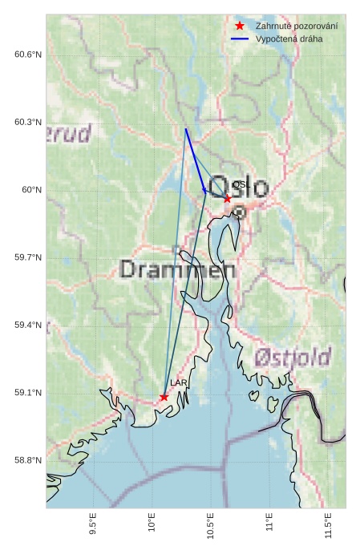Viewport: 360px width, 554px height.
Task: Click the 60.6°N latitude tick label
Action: [x=27, y=55]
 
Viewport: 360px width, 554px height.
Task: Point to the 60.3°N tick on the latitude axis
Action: [x=27, y=122]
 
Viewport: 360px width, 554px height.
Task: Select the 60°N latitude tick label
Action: [x=30, y=190]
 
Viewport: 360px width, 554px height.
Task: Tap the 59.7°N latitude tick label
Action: [x=27, y=257]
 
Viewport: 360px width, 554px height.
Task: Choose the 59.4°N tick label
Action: [x=27, y=325]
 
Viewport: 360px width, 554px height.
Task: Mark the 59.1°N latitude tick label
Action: [x=27, y=393]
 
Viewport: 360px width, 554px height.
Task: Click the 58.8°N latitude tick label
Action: [x=27, y=460]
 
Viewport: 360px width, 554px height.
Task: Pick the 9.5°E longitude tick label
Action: [x=93, y=525]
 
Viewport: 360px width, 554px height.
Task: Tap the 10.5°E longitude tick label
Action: [x=210, y=525]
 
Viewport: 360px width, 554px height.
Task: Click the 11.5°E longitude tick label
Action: [x=328, y=525]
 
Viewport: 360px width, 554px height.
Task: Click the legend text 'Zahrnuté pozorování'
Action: [x=296, y=26]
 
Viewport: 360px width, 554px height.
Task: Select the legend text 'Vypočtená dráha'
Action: [x=289, y=38]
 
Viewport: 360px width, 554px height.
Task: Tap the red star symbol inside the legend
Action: [x=239, y=26]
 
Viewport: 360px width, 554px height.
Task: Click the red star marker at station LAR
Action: [x=164, y=397]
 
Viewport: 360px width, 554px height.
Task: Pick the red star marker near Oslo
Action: [x=227, y=198]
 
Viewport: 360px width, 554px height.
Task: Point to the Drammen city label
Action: [x=177, y=269]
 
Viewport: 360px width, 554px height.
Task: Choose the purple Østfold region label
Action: [x=293, y=356]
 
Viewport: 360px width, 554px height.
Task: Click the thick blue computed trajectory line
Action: [x=195, y=160]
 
